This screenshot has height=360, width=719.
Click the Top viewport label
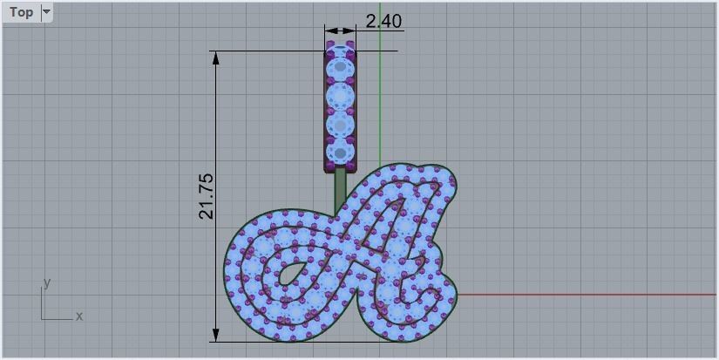(x=21, y=12)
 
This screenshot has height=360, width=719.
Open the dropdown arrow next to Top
(x=47, y=12)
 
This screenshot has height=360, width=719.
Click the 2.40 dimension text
(x=383, y=20)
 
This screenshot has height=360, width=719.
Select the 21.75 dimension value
(x=207, y=195)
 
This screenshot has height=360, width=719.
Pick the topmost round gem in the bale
(x=340, y=67)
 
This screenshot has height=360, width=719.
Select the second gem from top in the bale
(x=340, y=95)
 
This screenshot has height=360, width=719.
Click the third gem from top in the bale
(x=340, y=124)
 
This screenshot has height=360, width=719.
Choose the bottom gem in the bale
(x=340, y=152)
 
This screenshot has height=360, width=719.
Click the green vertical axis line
(x=380, y=105)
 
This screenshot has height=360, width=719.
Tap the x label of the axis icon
(x=79, y=316)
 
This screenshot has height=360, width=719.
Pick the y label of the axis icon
(x=47, y=282)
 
